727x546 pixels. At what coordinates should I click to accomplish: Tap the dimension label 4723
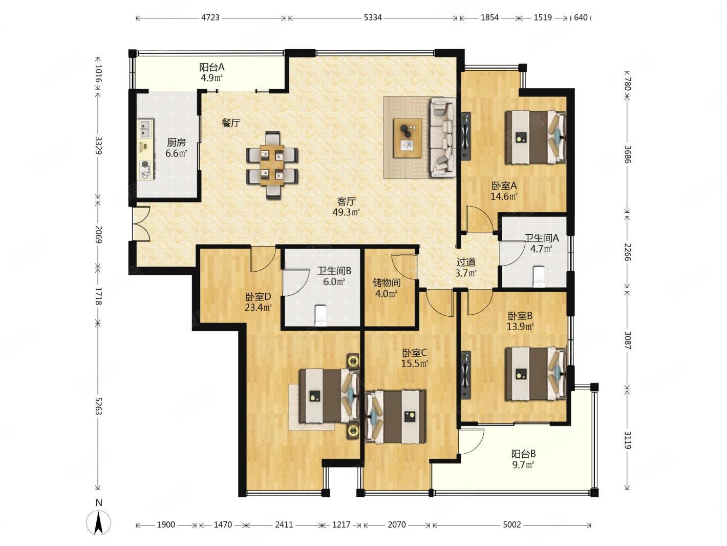point(210,17)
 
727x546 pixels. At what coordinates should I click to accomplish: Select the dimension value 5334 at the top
point(373,17)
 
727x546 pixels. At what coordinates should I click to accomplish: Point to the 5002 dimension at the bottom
point(511,524)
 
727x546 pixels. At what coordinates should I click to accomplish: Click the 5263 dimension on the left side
point(98,406)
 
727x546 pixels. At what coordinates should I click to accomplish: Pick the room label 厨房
point(176,143)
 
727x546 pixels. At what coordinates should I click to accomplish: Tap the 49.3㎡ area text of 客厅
point(346,212)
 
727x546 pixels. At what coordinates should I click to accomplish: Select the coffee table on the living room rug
point(408,138)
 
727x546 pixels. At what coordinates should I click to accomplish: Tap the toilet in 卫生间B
point(320,316)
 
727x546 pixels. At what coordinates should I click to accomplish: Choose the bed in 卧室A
point(535,137)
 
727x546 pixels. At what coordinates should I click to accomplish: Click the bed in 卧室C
point(395,417)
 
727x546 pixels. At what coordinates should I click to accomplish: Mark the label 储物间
point(386,283)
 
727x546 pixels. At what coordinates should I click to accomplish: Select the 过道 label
point(466,262)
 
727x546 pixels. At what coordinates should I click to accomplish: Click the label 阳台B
point(523,454)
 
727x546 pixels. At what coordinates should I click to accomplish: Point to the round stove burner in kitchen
point(145,165)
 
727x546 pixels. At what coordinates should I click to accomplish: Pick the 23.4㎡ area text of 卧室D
point(258,307)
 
